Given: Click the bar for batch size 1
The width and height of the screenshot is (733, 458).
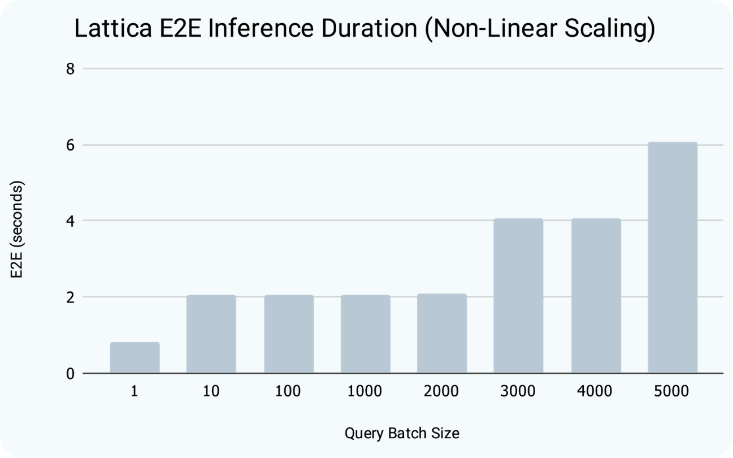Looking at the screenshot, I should click(x=135, y=358).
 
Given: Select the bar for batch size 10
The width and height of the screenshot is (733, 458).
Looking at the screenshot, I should click(x=211, y=334).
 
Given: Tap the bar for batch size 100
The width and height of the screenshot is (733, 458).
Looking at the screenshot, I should click(x=288, y=334).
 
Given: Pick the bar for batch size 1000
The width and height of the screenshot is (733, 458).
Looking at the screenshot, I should click(x=365, y=334).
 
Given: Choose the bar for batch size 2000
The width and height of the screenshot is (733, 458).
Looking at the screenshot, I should click(x=441, y=334).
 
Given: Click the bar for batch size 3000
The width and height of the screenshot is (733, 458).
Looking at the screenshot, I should click(x=518, y=296).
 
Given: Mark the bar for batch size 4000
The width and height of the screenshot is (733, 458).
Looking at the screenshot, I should click(x=596, y=296).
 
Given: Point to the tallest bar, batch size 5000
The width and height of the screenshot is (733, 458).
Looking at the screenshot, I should click(x=673, y=258).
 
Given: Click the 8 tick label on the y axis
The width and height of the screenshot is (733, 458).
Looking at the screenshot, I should click(x=71, y=69).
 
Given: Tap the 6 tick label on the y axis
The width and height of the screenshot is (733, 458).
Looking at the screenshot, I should click(x=71, y=145).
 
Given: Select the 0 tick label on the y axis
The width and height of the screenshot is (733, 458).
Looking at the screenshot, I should click(x=71, y=374).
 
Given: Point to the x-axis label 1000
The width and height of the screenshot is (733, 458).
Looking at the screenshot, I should click(x=365, y=391).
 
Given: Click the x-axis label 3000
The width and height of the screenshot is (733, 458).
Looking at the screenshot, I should click(x=518, y=391).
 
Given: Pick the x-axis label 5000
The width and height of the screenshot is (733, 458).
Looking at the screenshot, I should click(x=673, y=391).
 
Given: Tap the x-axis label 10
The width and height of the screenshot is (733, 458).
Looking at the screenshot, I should click(x=211, y=391).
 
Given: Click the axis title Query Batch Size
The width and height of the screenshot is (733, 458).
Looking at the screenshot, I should click(x=402, y=434).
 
